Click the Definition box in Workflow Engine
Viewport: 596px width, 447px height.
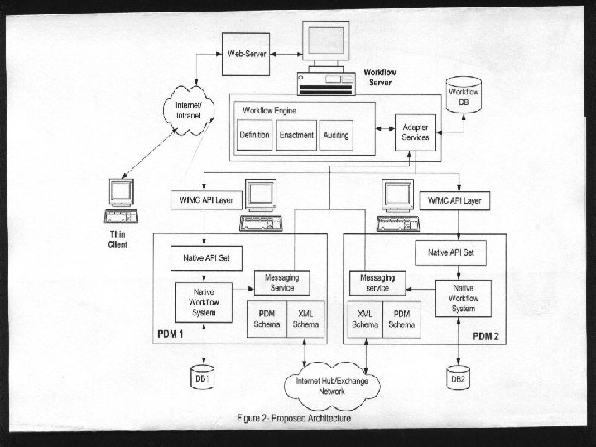point(254,135)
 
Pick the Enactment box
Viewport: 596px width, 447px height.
point(296,135)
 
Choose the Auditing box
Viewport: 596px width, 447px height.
point(336,135)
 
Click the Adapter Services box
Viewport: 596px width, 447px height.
point(416,132)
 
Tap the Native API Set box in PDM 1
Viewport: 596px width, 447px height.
point(206,257)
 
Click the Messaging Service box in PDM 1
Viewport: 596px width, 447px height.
point(281,281)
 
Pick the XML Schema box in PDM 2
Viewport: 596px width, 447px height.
point(365,320)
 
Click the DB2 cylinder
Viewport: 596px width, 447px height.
point(459,376)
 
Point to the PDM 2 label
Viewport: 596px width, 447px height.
point(486,336)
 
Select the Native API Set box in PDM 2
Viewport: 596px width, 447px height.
point(450,252)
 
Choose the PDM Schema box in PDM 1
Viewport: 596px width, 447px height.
point(267,320)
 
